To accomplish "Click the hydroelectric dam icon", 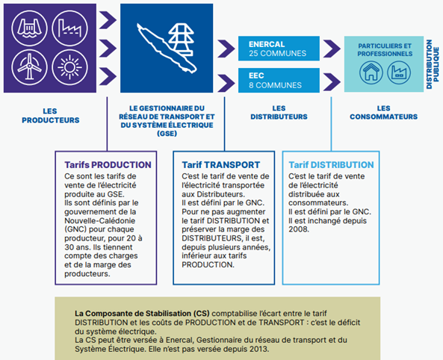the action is click(29, 28).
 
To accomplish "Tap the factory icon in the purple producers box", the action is click(69, 28).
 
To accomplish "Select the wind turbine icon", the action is click(29, 67).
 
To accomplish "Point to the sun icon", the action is click(69, 67).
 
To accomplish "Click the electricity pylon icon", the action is click(181, 40).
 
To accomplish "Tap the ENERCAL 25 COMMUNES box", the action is click(279, 49).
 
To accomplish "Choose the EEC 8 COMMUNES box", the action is click(279, 80).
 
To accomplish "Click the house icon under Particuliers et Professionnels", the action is click(371, 72).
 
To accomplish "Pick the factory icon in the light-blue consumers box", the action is click(399, 72).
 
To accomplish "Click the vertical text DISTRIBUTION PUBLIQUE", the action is click(433, 64).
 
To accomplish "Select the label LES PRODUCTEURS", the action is click(51, 116).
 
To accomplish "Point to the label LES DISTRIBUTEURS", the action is click(279, 113).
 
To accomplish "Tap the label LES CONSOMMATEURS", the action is click(383, 113).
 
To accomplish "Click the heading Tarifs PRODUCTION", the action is click(108, 165).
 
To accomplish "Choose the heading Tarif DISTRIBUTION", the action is click(331, 165).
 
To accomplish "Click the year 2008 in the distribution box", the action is click(299, 229).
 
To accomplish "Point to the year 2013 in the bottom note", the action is click(258, 349).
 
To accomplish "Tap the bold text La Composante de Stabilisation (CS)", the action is click(142, 314).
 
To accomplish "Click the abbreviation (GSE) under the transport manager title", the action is click(167, 134).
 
